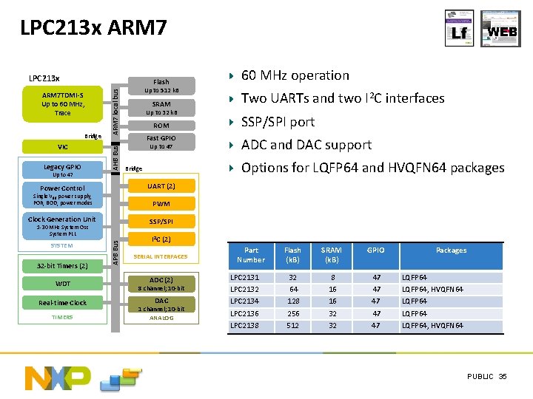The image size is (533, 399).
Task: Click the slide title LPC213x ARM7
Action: click(93, 29)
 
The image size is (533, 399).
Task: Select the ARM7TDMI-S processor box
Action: click(63, 103)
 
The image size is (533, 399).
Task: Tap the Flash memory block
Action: click(161, 85)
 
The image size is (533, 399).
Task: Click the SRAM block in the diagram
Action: click(161, 108)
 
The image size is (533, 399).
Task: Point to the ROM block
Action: click(161, 126)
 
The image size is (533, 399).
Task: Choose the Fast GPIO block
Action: click(161, 142)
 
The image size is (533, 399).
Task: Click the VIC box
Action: click(63, 146)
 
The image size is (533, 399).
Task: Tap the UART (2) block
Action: click(161, 185)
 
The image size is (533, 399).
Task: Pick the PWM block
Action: click(161, 203)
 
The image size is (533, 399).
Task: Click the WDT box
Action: click(63, 284)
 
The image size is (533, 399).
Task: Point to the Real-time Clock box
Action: click(63, 302)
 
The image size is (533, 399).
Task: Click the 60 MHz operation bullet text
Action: click(295, 75)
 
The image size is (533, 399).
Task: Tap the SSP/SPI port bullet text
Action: click(278, 122)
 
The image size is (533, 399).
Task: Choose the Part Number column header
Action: click(250, 255)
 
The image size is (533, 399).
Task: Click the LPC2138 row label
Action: click(245, 325)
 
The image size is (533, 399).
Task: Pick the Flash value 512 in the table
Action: click(293, 325)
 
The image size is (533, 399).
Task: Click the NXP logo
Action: click(58, 377)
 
